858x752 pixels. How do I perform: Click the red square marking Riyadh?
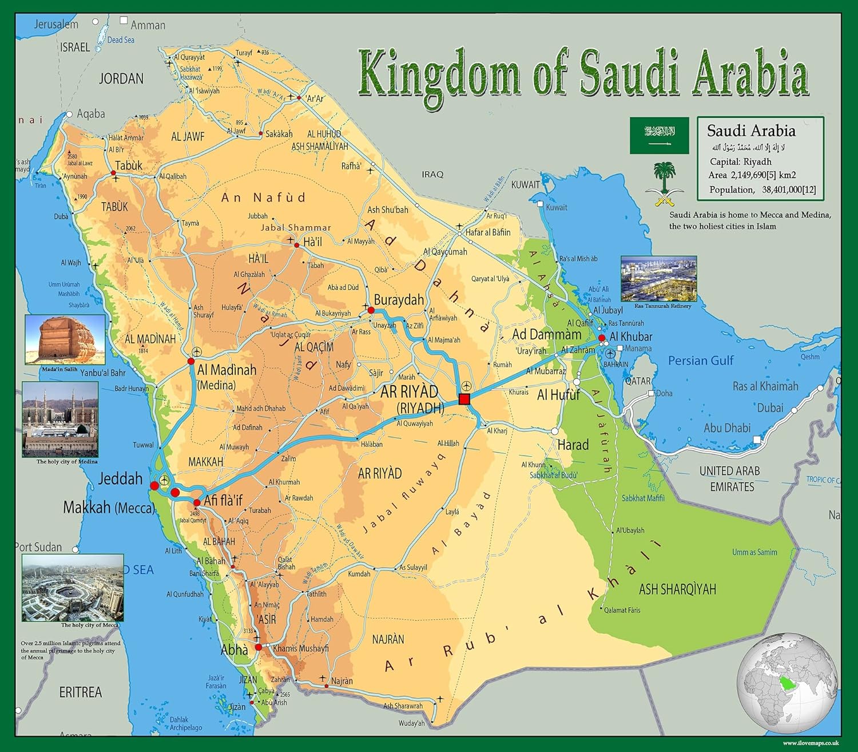click(x=464, y=399)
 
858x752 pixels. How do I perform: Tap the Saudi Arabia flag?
click(x=659, y=135)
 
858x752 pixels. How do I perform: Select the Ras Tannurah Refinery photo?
click(x=658, y=279)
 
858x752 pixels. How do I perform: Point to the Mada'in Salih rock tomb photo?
click(x=65, y=339)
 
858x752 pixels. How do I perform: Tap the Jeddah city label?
click(x=120, y=478)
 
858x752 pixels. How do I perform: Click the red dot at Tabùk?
click(x=113, y=172)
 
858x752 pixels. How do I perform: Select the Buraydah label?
click(x=399, y=300)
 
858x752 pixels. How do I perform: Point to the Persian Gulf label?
click(x=700, y=361)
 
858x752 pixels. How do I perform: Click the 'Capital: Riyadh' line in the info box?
click(x=740, y=161)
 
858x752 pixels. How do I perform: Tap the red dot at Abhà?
click(x=258, y=647)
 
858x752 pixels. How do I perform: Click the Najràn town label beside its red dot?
click(x=341, y=681)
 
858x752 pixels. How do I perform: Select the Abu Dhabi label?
click(x=727, y=428)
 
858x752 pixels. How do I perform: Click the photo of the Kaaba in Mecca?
click(x=73, y=588)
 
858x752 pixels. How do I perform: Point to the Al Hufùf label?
click(x=558, y=394)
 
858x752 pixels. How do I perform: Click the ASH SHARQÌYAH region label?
click(x=677, y=589)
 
